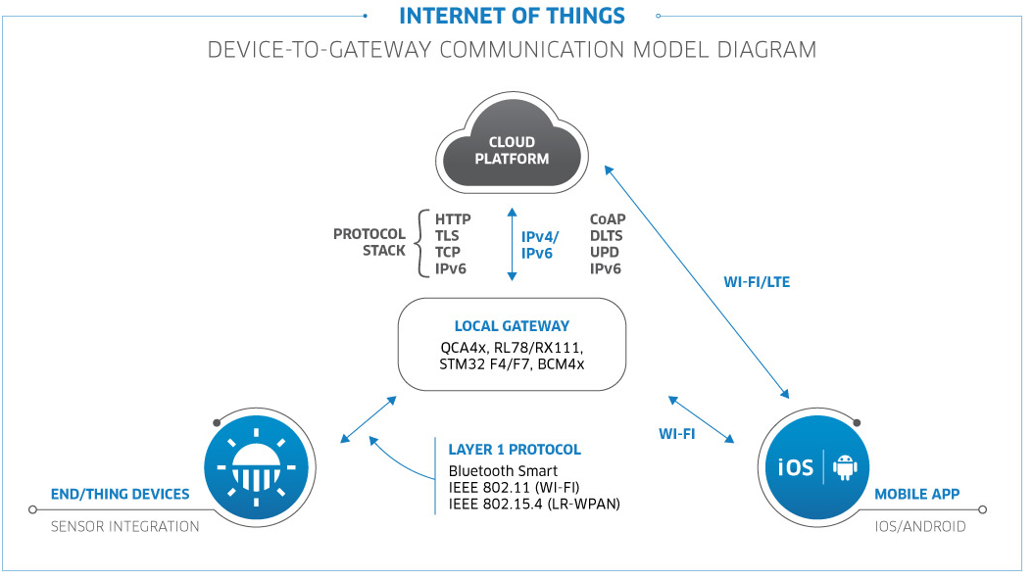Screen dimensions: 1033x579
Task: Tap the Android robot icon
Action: (845, 467)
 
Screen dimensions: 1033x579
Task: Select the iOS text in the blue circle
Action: (796, 467)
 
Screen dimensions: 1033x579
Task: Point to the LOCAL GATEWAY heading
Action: (512, 326)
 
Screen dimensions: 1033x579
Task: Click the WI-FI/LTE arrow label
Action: (757, 282)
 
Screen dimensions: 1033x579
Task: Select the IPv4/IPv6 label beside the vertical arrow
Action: (540, 245)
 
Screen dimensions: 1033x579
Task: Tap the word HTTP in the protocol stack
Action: (453, 219)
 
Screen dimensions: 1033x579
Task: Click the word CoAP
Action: (608, 219)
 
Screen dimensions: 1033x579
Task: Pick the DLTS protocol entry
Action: (606, 236)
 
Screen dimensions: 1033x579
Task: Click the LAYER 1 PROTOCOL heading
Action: (515, 450)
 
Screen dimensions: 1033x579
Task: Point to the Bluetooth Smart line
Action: (503, 471)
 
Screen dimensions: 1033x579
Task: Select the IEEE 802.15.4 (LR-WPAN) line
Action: (534, 504)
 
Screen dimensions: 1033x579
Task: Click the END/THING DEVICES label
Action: (120, 494)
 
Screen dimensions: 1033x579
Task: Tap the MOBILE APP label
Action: (917, 494)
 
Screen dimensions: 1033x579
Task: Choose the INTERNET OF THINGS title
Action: (512, 16)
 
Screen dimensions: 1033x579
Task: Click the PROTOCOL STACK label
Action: (369, 242)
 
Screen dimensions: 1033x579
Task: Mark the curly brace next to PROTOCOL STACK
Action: (421, 244)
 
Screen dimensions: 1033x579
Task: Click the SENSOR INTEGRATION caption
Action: (125, 527)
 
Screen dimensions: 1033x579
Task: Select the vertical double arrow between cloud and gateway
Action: (512, 244)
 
